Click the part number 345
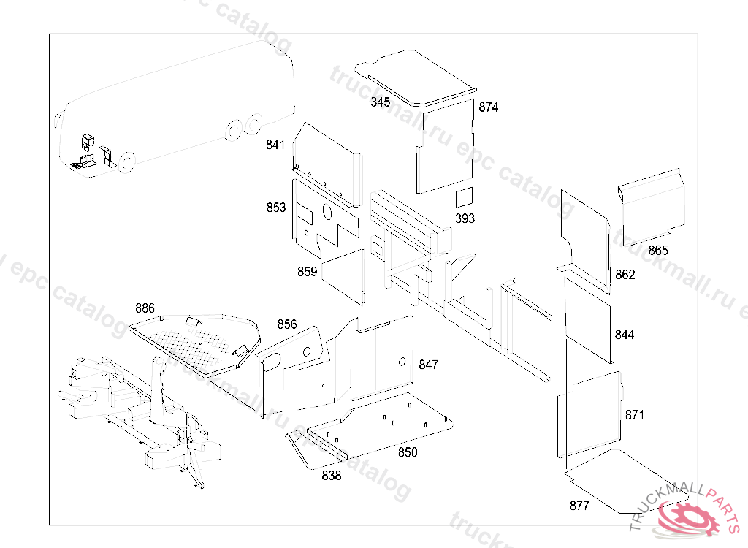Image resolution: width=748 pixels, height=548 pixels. (380, 102)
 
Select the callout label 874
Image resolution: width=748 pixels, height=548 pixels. (489, 107)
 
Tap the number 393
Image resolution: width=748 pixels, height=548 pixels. (465, 218)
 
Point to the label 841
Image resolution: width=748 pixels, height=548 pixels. (275, 145)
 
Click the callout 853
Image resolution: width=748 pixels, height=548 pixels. (276, 208)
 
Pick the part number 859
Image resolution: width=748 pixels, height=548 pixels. (308, 271)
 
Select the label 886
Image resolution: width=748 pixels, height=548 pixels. (145, 308)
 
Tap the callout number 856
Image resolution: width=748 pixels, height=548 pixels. (287, 324)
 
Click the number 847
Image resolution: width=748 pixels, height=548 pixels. (429, 364)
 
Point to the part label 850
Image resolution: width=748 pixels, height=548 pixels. (408, 452)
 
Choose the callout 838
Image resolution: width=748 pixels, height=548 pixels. (331, 476)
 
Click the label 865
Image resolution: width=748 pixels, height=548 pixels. (657, 250)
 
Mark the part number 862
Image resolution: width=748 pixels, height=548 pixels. (625, 275)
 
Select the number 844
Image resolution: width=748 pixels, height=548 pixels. (625, 335)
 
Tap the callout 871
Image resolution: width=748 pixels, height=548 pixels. (635, 414)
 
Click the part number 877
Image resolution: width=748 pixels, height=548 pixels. (579, 505)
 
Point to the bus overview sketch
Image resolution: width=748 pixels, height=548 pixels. (175, 106)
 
